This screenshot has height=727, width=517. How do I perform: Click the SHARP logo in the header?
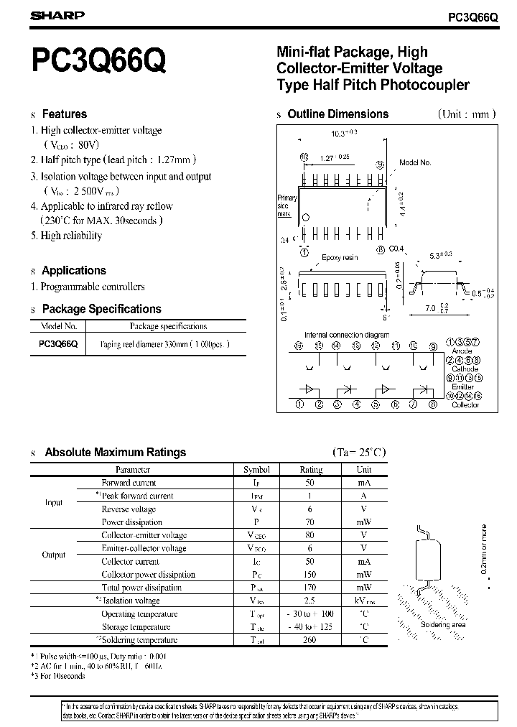[57, 15]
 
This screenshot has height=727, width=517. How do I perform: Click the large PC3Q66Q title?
[98, 62]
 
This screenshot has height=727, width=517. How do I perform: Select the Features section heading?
[64, 114]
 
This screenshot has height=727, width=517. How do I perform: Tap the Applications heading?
[73, 271]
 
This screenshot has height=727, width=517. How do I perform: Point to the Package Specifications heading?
[101, 310]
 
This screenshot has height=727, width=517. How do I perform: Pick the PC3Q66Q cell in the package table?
[58, 344]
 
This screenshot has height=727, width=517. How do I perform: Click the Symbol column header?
[256, 469]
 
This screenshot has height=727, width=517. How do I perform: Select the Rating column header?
[311, 469]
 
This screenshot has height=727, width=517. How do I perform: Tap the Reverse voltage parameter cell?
[129, 509]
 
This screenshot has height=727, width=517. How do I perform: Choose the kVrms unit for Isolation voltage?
[364, 601]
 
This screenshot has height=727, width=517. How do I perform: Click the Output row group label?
[54, 555]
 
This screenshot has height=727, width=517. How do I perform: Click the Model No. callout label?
[415, 163]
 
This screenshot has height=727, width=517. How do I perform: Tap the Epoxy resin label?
[340, 257]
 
